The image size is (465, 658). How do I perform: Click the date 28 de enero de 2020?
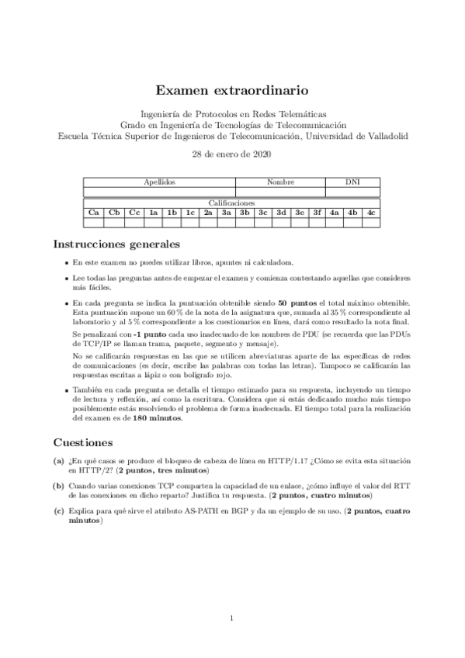232,154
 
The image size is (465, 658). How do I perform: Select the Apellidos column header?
160,182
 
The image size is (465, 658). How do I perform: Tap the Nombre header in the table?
280,182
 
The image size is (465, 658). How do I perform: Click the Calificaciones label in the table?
232,203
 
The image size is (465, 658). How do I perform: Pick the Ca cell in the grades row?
94,212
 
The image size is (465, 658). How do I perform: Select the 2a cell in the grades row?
208,212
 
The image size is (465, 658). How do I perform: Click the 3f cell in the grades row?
317,212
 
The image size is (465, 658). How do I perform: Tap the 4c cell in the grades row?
372,212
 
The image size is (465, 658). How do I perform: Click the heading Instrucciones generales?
116,244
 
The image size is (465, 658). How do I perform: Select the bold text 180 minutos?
158,418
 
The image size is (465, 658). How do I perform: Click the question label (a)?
59,461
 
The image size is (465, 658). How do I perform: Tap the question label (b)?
59,485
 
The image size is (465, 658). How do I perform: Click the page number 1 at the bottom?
232,618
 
